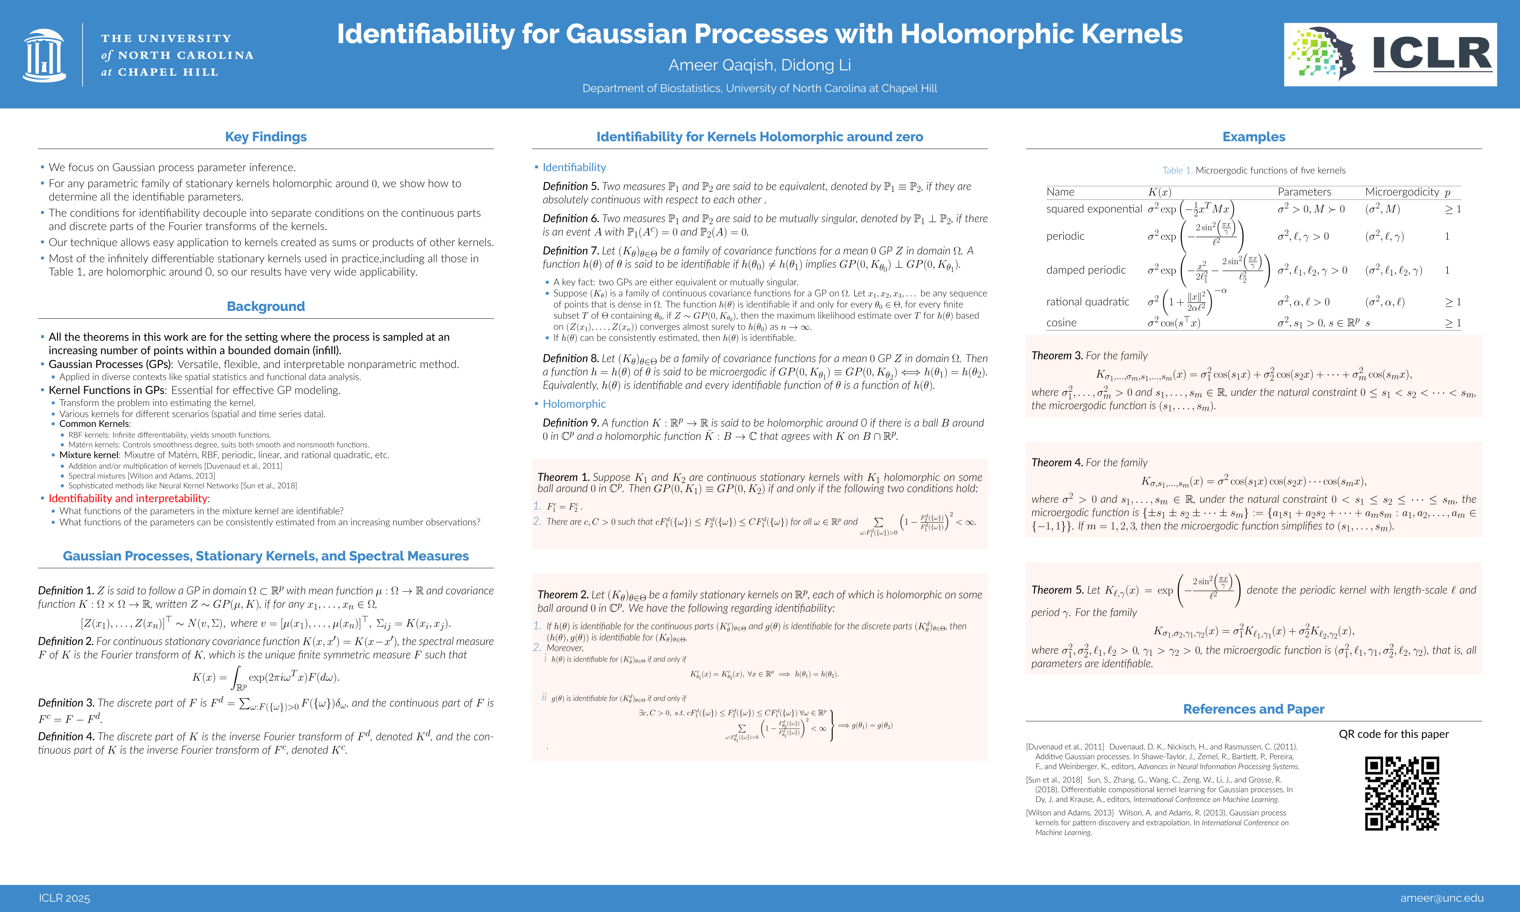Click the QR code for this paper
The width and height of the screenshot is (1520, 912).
tap(1402, 793)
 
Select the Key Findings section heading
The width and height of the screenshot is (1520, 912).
tap(265, 137)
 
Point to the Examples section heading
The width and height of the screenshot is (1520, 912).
tap(1253, 137)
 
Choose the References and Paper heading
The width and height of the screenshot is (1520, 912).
tap(1253, 709)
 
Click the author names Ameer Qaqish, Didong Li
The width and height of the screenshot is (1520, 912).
tap(759, 65)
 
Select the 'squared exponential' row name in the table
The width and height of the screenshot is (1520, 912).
tap(1094, 209)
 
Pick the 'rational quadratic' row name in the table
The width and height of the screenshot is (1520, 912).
tap(1087, 302)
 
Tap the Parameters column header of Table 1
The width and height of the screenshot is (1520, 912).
tap(1304, 192)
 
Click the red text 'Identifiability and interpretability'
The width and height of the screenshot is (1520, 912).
tap(128, 498)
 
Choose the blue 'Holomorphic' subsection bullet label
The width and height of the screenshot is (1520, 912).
tap(574, 404)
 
